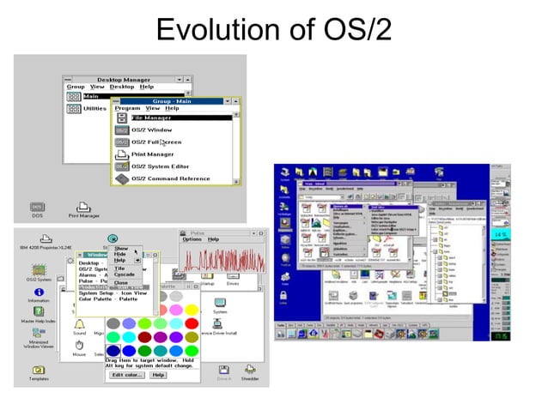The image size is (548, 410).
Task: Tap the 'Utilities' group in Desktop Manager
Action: (x=94, y=109)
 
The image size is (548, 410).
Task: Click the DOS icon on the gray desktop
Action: (x=37, y=208)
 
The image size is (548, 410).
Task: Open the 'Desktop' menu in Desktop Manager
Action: (x=122, y=87)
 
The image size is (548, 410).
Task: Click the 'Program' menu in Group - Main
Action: (x=127, y=109)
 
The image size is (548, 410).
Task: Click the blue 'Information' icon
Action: (x=39, y=293)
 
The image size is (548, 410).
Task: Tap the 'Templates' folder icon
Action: (x=39, y=371)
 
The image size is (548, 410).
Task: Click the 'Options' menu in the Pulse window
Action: (x=192, y=239)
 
